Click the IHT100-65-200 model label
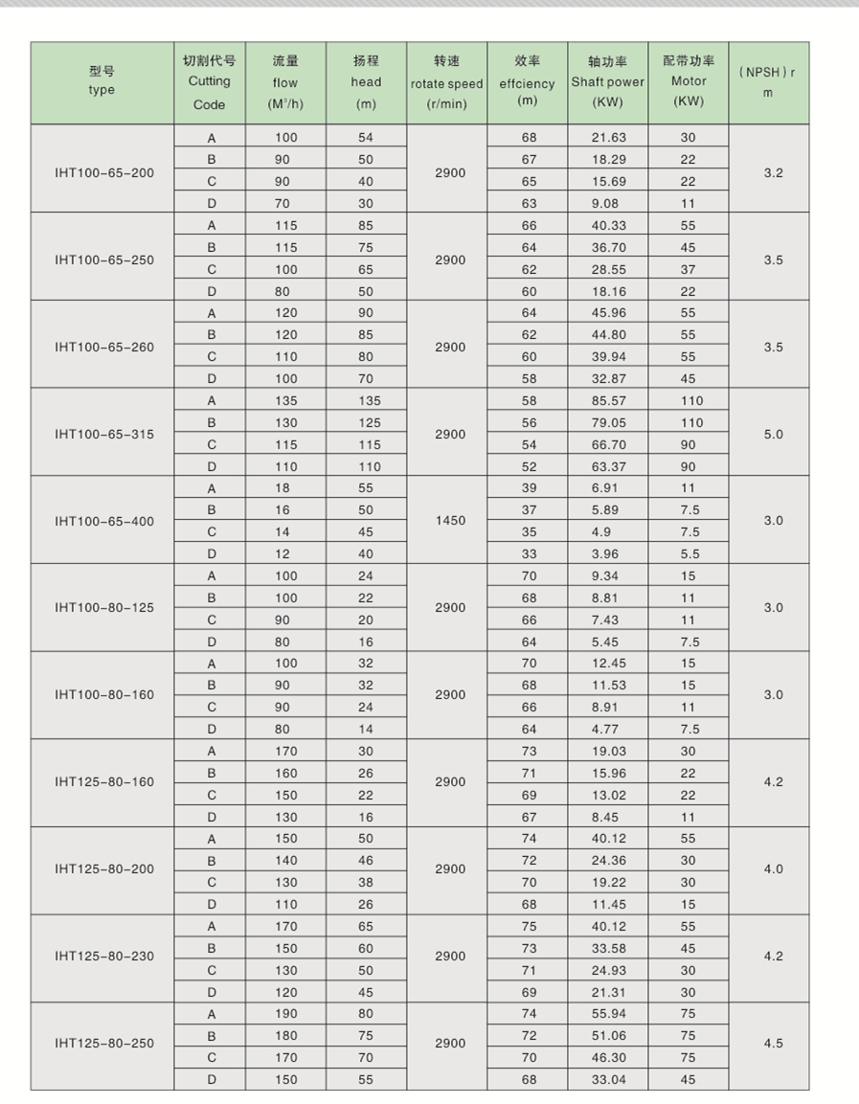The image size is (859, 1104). [x=103, y=173]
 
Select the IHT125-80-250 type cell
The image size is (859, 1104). [x=103, y=1043]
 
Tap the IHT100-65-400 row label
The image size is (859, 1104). [x=103, y=522]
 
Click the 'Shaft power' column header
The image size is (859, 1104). [x=608, y=83]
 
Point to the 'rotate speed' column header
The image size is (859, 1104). [x=447, y=83]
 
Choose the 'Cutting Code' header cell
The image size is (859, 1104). [x=209, y=83]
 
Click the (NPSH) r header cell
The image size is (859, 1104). [x=768, y=83]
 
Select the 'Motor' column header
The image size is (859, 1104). [x=688, y=83]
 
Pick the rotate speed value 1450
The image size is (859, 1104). [x=450, y=521]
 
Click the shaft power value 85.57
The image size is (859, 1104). [x=608, y=400]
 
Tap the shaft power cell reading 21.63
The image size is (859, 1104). [x=608, y=138]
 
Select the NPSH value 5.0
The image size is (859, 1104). [x=774, y=434]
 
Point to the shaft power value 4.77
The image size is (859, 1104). [x=608, y=729]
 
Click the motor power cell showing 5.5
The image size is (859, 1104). [x=689, y=553]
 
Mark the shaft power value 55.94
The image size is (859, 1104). [x=608, y=1014]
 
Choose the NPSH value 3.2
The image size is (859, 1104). [x=774, y=173]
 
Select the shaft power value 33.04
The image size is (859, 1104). [x=608, y=1080]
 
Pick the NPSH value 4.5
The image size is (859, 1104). [x=774, y=1043]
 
